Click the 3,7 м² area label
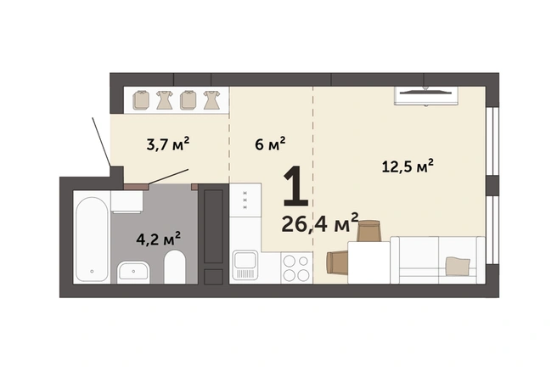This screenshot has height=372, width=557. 167,144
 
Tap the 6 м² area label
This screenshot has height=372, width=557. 270,144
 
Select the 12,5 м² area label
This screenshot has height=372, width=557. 408,166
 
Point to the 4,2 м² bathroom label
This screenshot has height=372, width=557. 158,239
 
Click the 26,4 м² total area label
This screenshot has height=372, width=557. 320,223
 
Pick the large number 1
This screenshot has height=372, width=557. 295,186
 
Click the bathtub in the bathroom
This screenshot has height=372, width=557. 92,240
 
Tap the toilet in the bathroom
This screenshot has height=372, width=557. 175,267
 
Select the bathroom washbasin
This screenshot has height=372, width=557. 132,272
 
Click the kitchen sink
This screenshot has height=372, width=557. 245,265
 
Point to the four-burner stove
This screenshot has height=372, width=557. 296,268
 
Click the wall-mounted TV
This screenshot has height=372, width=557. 425,95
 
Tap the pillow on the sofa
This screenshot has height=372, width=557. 458,266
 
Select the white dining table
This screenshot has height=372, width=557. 369,262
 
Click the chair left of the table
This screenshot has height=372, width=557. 337,262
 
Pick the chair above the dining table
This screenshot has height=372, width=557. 369,231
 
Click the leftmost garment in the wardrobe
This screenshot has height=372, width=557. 141,100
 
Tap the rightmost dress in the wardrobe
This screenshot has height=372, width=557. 211,100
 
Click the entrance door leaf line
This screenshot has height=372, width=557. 101,141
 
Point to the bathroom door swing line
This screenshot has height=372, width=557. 168,177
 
